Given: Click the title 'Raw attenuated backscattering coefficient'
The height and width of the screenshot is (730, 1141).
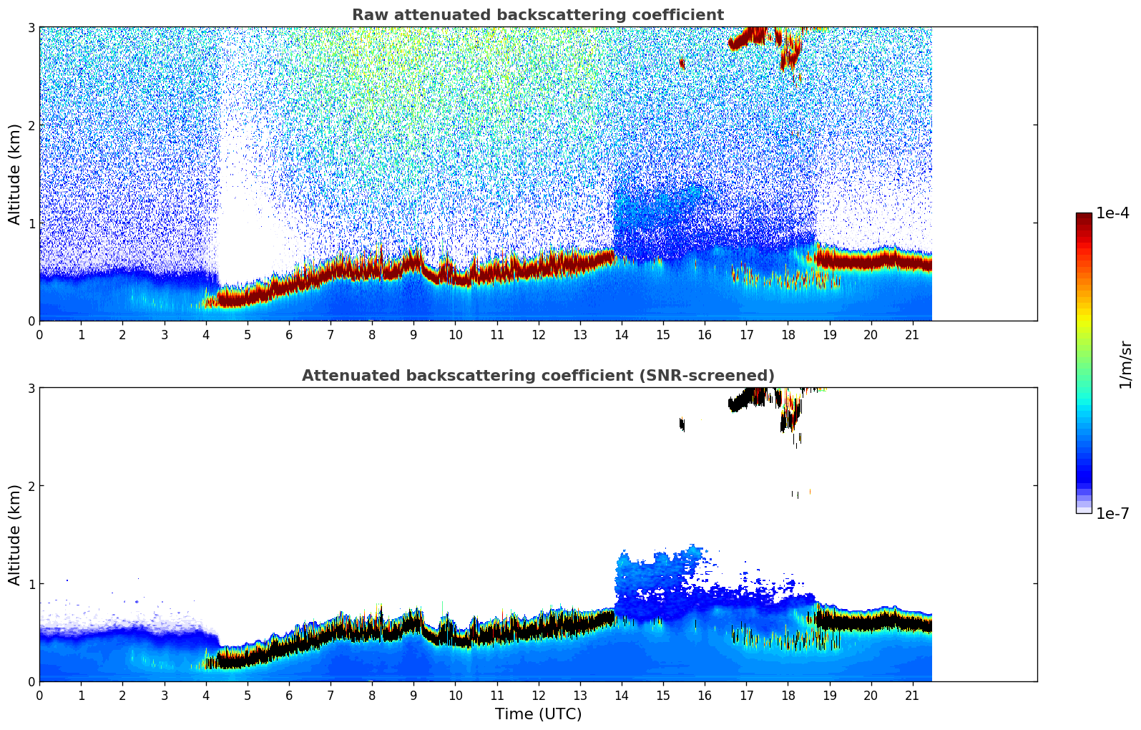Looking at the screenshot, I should [x=537, y=15].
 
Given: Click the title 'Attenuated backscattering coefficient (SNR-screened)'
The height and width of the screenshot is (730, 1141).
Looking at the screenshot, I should [x=537, y=376].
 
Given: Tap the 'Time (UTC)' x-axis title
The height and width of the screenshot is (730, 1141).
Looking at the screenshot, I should [x=538, y=714].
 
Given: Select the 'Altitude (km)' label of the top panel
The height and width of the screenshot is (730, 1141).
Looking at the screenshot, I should [x=15, y=174].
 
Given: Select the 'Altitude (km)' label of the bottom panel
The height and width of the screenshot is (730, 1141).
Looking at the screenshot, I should [x=15, y=535].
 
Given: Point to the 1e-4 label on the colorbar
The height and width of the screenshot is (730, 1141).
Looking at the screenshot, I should [x=1112, y=213].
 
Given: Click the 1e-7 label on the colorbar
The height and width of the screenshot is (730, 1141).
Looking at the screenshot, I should [x=1112, y=513].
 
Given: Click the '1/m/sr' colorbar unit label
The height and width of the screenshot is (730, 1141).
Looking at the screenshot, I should [x=1126, y=365].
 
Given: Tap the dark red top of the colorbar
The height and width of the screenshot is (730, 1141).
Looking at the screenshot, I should [x=1084, y=217].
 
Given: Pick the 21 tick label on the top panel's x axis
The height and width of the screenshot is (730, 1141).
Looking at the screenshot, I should [x=912, y=334].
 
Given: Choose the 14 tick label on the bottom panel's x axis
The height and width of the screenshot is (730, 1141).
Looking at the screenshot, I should [x=621, y=695].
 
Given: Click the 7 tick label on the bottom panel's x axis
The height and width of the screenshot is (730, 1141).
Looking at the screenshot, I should [x=330, y=695].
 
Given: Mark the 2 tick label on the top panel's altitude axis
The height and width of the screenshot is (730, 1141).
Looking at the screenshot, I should [x=31, y=125].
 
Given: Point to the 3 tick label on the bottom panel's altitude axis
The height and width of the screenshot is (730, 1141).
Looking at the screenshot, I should [x=31, y=388].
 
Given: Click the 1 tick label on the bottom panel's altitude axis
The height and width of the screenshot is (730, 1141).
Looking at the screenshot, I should [x=31, y=584].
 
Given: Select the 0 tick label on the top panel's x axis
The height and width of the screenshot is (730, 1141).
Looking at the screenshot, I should [x=39, y=334].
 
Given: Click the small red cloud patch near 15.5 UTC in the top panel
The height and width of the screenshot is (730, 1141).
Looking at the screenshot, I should [x=682, y=64].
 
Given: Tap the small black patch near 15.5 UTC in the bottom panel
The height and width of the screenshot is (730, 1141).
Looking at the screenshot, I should [x=682, y=424].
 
